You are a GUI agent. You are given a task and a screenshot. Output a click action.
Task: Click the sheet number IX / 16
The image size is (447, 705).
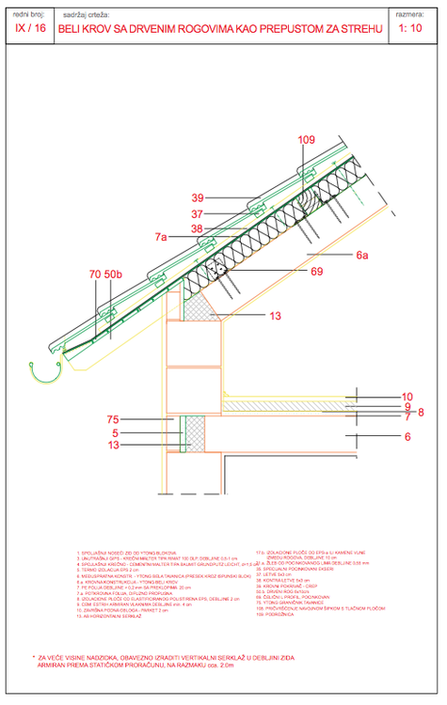pyautogui.click(x=30, y=29)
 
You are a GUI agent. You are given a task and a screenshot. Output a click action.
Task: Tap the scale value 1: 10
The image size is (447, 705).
pyautogui.click(x=410, y=29)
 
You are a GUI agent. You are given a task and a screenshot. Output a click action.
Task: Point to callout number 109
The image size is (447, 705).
pyautogui.click(x=308, y=141)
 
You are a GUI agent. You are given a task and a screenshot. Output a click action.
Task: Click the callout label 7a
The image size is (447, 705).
pyautogui.click(x=162, y=238)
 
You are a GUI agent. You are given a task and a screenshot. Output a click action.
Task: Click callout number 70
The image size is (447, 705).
pyautogui.click(x=95, y=274)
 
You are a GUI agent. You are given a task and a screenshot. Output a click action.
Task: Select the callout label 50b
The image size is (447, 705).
pyautogui.click(x=114, y=274)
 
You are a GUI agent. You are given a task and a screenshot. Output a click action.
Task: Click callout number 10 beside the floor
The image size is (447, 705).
pyautogui.click(x=407, y=397)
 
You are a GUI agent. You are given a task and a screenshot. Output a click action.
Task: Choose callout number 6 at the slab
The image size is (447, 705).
pyautogui.click(x=407, y=437)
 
